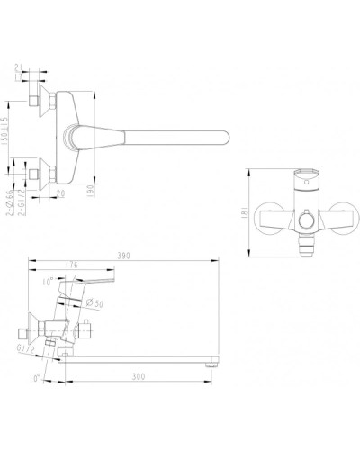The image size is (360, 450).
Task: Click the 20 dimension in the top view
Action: [61, 192]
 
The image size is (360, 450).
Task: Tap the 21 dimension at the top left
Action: [22, 68]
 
